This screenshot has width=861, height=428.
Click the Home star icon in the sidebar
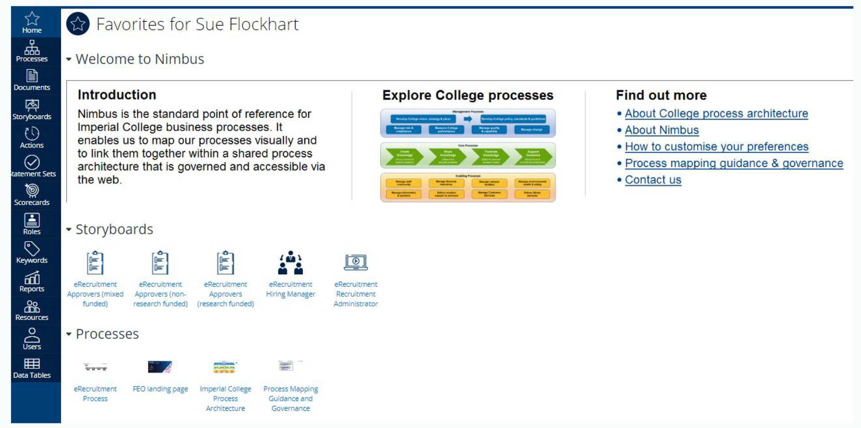[32, 19]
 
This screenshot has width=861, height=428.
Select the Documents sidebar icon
[32, 76]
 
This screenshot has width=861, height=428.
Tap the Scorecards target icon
[32, 190]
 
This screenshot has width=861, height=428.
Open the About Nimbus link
[662, 130]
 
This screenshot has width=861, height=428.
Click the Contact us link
[653, 180]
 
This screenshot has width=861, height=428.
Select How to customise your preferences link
[716, 146]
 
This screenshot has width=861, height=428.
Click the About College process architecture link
[716, 113]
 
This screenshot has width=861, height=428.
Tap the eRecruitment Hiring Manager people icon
[290, 262]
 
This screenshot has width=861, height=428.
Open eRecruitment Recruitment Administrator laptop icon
[355, 262]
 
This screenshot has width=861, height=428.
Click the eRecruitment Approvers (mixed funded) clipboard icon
[95, 262]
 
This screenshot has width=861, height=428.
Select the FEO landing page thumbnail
[160, 367]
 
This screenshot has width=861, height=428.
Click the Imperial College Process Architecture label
[225, 398]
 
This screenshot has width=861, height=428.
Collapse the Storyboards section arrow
[69, 230]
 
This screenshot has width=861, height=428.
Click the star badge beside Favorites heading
[78, 24]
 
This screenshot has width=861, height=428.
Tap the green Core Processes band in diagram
[467, 156]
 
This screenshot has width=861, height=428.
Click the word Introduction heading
[117, 95]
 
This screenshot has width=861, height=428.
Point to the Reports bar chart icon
[32, 278]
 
